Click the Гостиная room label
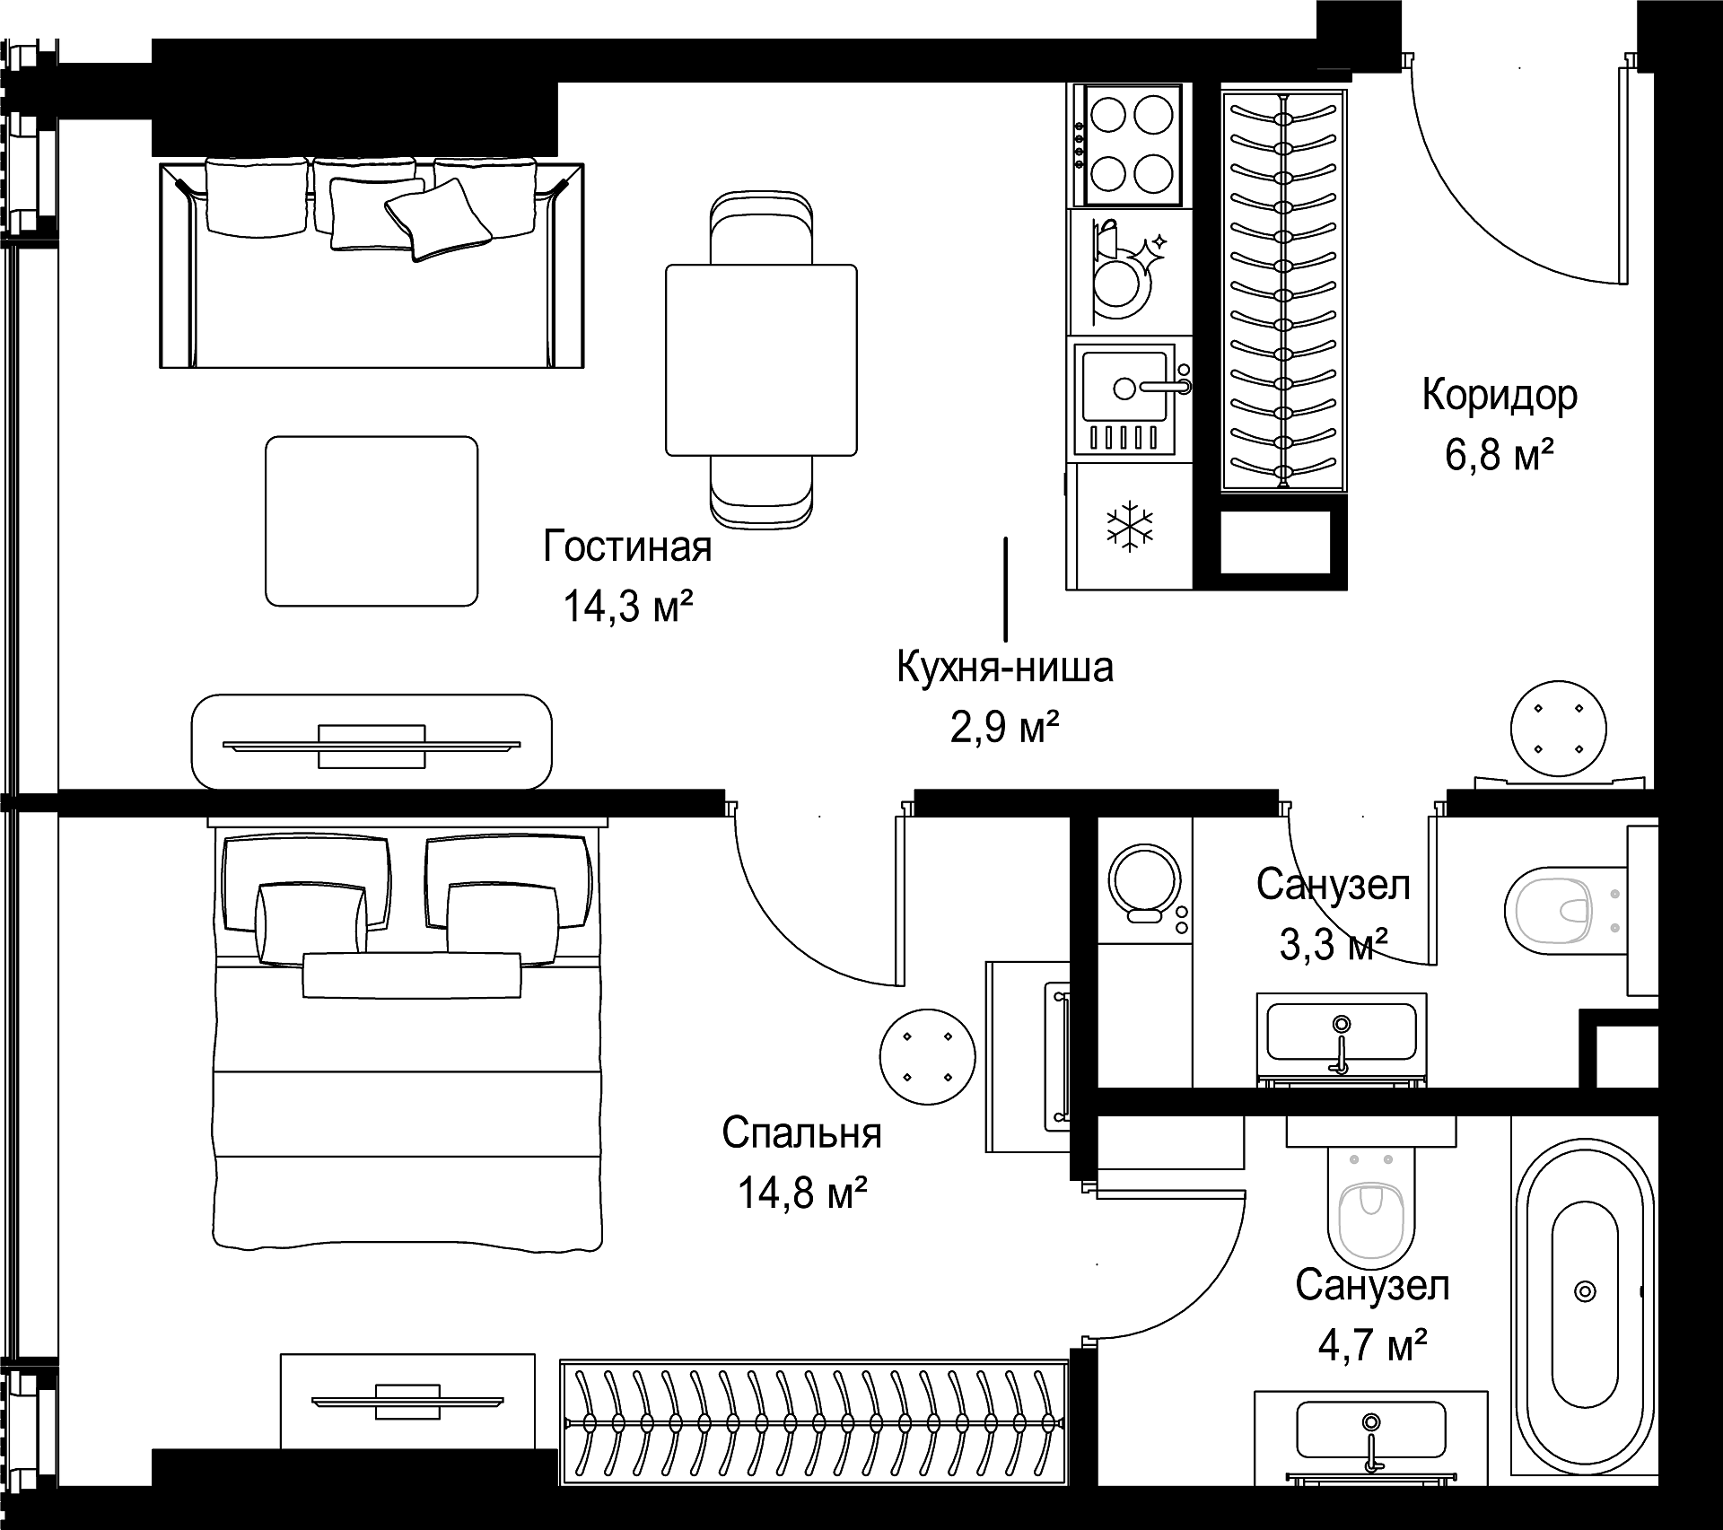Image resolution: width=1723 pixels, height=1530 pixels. tap(627, 547)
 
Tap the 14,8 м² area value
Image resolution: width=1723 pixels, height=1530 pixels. tap(802, 1193)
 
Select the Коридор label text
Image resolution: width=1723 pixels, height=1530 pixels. tap(1500, 396)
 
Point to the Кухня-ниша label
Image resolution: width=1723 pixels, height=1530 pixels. tap(1005, 668)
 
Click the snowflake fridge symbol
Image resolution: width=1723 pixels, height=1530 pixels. tap(1130, 525)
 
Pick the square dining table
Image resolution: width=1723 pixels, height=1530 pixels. tap(761, 360)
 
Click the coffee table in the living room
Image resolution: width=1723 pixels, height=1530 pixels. tap(372, 520)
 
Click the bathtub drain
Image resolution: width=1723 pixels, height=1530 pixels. tap(1586, 1290)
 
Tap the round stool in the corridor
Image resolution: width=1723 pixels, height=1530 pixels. tap(1558, 728)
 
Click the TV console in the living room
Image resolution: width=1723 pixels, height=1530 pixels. tap(372, 742)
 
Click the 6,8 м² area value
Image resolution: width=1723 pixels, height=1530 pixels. tap(1500, 456)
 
